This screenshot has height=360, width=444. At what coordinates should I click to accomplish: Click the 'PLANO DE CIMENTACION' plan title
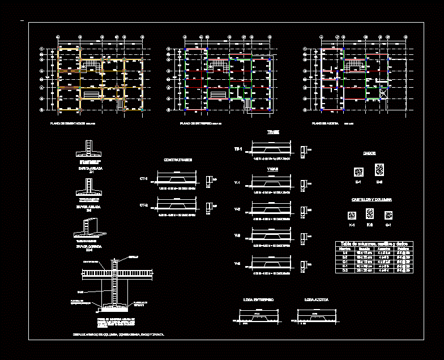pos(68,123)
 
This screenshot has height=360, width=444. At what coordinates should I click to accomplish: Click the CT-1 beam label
pos(143,178)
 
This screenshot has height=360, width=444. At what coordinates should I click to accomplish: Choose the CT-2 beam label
pos(143,205)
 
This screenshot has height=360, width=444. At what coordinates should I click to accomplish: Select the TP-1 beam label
pos(238,149)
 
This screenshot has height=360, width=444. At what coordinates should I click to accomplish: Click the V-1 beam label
pos(238,183)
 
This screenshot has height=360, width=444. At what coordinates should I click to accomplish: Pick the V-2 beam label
pos(238,209)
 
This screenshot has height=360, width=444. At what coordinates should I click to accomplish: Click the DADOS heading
pos(370,153)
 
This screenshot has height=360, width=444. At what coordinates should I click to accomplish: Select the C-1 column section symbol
pos(388,215)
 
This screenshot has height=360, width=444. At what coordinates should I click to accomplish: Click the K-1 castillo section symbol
pos(352,215)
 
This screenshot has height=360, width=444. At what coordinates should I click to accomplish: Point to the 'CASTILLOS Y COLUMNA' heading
pos(372,200)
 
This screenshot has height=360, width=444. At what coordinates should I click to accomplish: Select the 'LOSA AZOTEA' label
pos(316,299)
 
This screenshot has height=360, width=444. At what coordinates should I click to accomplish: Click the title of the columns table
pos(374,243)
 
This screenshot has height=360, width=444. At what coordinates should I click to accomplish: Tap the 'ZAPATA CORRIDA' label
pos(88,247)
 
